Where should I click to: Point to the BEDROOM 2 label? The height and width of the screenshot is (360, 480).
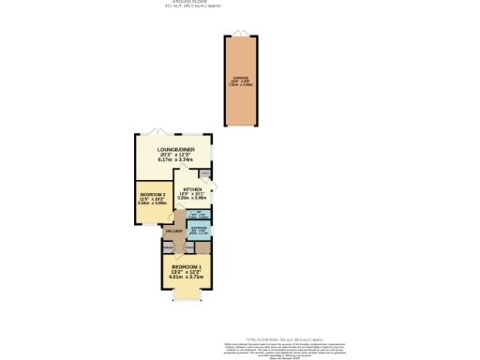152,194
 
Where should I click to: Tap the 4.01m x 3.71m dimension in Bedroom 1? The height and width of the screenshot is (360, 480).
186,277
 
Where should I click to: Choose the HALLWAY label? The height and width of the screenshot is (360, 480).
174,231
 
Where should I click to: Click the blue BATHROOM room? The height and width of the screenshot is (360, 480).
199,230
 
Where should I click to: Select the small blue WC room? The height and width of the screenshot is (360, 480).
199,216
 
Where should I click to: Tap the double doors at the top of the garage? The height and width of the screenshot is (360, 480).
240,35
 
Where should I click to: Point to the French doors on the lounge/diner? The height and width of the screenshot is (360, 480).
163,131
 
